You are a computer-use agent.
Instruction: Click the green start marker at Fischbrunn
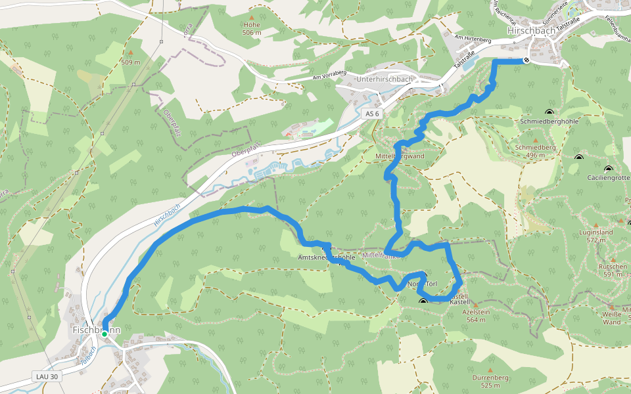click(x=104, y=334)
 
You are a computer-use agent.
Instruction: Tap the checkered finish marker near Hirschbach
click(x=526, y=60)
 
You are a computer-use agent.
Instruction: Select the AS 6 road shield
click(x=373, y=114)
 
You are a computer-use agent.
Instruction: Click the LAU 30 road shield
click(x=44, y=377)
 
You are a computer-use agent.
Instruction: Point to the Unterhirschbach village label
click(x=384, y=79)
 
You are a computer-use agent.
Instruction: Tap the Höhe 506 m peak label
click(x=251, y=28)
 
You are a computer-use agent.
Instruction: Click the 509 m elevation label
click(x=131, y=62)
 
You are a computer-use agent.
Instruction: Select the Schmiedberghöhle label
click(x=549, y=122)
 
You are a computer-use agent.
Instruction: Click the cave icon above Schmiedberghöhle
click(x=549, y=112)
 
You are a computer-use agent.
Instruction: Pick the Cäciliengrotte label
click(x=609, y=177)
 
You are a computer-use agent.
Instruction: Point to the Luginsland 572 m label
click(x=596, y=236)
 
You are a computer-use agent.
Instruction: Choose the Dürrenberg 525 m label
click(x=490, y=382)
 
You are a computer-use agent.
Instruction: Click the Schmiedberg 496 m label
click(x=535, y=151)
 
